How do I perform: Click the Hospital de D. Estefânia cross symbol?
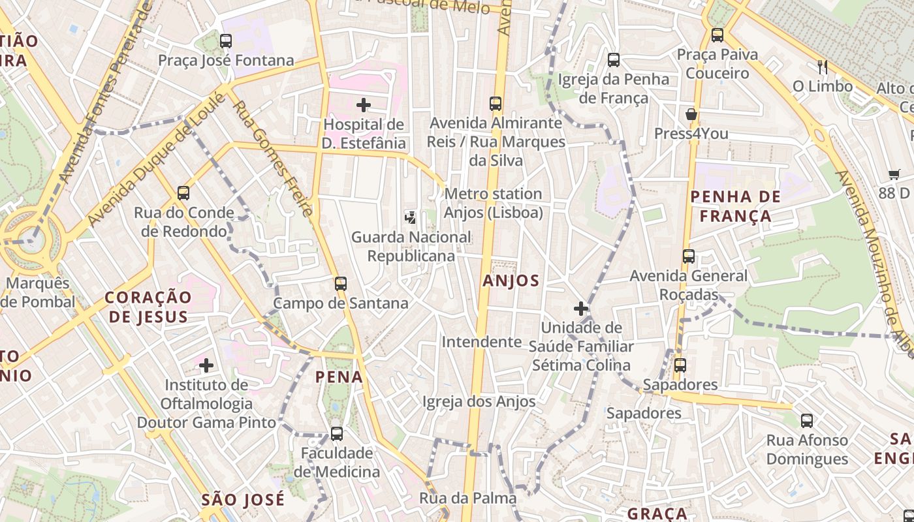[364, 104]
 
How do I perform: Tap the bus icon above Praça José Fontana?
[226, 41]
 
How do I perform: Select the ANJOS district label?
[511, 281]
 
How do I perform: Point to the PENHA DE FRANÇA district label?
[735, 206]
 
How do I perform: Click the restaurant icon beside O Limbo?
[823, 67]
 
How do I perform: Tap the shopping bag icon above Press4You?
[691, 115]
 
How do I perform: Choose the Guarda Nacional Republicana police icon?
[411, 217]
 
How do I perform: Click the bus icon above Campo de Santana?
[340, 284]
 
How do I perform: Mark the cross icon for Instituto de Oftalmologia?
[206, 365]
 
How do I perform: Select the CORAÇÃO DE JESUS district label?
[149, 307]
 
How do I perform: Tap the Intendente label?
[481, 342]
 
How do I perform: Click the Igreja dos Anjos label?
[479, 402]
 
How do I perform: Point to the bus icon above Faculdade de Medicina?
[337, 433]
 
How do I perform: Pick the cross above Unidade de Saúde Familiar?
[581, 309]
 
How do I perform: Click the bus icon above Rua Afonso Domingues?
[807, 421]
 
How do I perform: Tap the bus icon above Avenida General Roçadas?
[689, 256]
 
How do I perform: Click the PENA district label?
[339, 376]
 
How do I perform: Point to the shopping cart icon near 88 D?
[894, 174]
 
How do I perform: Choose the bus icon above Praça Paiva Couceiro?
[717, 35]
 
